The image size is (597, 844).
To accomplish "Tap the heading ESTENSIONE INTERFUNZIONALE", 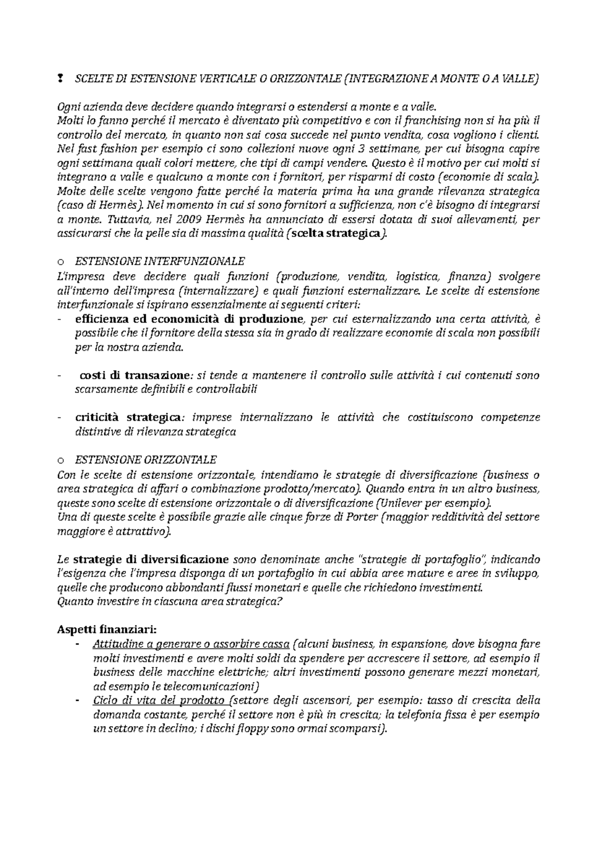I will pyautogui.click(x=159, y=261).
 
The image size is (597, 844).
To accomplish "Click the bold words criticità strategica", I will pyautogui.click(x=128, y=418).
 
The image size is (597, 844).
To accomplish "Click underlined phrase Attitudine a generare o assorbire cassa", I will pyautogui.click(x=191, y=645).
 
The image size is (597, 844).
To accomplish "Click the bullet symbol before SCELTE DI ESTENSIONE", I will pyautogui.click(x=60, y=78).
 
